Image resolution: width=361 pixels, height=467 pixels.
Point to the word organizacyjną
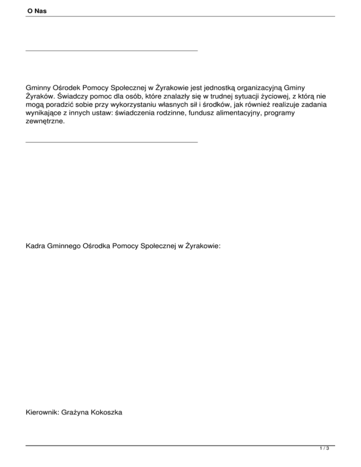(x=259, y=87)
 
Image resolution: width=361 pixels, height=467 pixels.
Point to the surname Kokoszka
(x=108, y=412)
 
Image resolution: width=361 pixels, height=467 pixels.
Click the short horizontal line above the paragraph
(x=111, y=50)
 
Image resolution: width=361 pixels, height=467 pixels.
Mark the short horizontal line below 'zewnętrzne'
(x=111, y=141)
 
